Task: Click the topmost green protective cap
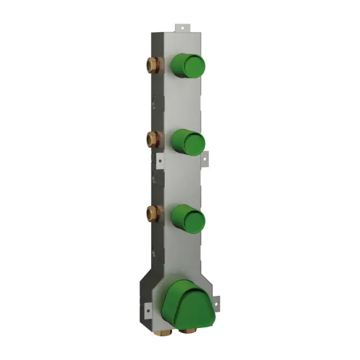point(188,66)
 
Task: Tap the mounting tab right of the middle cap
point(204,159)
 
